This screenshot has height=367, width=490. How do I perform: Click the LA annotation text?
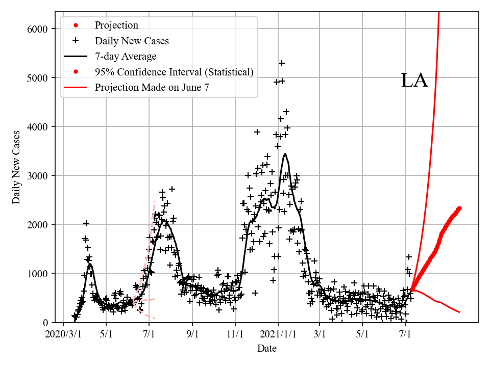point(414,81)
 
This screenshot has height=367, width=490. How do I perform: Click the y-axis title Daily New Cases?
point(16,167)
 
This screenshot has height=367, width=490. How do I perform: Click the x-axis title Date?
point(267,348)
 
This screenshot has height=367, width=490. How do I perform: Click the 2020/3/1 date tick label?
point(63,335)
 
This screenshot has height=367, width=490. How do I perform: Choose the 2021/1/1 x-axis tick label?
point(278,335)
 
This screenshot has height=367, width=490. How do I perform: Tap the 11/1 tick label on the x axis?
point(235,335)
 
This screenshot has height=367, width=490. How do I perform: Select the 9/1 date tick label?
point(192,335)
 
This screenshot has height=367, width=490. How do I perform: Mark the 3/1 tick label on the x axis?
point(320,335)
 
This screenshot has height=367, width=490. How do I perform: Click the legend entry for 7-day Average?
point(126,57)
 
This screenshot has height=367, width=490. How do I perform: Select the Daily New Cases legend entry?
point(132,41)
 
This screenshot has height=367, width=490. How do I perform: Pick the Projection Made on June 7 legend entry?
point(152,88)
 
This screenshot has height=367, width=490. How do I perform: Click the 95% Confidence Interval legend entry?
point(174,72)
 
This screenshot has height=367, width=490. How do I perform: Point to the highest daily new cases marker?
point(281,63)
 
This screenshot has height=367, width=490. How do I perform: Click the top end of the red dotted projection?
point(459,208)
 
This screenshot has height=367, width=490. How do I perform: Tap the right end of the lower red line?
point(460,312)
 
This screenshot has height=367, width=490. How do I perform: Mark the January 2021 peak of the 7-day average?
point(285,154)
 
